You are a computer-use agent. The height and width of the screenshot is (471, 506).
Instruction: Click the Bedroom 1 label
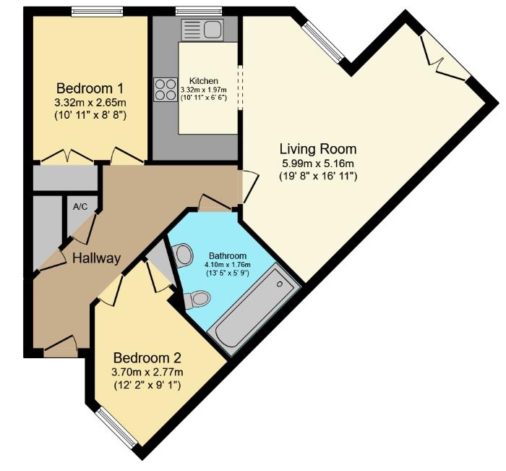click(90, 88)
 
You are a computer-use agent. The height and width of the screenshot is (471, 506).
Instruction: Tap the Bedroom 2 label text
click(147, 358)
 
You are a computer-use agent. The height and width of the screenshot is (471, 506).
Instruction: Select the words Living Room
click(318, 149)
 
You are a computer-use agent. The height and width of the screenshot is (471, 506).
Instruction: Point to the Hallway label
click(96, 258)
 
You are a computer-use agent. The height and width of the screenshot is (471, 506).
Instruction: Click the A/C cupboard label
click(80, 207)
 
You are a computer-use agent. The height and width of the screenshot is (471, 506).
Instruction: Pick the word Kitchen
click(204, 81)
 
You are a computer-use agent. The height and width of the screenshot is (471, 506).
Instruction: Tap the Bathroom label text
click(228, 256)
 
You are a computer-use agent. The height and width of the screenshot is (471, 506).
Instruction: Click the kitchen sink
click(202, 30)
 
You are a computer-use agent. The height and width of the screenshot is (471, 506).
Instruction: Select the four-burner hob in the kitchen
click(166, 90)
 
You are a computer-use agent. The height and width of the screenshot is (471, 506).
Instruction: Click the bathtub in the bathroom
click(254, 309)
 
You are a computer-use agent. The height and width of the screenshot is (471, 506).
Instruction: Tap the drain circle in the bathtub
click(280, 284)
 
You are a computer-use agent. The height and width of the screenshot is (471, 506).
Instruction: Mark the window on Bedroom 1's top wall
click(97, 12)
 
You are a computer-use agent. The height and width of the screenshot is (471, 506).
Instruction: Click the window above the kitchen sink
click(199, 12)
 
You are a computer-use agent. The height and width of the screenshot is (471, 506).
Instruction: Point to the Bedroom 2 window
click(118, 428)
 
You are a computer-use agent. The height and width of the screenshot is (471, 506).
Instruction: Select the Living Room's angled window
click(323, 41)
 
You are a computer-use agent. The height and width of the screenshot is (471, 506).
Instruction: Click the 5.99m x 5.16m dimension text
click(318, 164)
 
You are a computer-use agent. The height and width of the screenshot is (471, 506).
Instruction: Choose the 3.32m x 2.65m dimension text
click(90, 103)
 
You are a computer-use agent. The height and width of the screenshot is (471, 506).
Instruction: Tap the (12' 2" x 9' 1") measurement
click(147, 386)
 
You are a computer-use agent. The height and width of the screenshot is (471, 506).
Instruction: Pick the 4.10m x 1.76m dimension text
click(228, 265)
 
